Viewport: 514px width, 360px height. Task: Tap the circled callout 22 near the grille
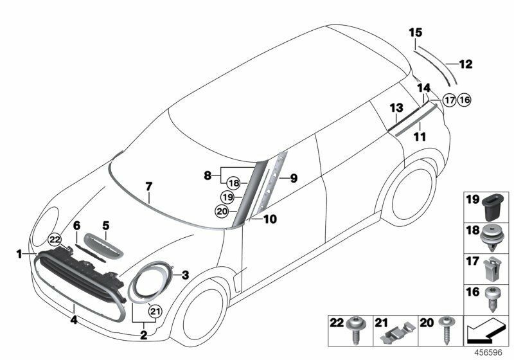55,239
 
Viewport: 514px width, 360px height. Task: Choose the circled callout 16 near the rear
464,100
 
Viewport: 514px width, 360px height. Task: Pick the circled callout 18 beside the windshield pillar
233,183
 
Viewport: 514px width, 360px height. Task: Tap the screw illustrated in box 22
355,330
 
